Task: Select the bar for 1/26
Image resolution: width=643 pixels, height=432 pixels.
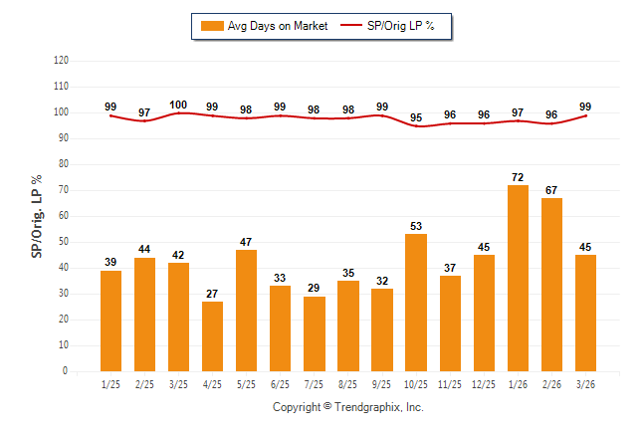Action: pos(518,278)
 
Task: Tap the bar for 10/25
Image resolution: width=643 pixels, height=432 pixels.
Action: pos(416,303)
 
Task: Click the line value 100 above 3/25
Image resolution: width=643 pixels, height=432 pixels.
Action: pos(179,105)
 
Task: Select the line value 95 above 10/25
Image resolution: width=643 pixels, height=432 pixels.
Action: pos(416,118)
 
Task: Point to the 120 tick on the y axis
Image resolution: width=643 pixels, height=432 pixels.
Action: pos(61,61)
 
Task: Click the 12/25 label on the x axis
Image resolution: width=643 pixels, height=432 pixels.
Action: pos(484,383)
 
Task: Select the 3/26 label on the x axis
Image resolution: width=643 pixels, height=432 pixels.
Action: pos(585,383)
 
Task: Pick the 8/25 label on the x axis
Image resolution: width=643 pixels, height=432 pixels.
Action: pos(348,383)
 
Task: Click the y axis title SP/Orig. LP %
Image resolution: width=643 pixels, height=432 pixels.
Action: pos(37,216)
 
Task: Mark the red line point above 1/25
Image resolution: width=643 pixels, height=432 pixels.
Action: pos(111,115)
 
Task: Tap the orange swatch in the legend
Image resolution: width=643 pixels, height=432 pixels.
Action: pos(211,26)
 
